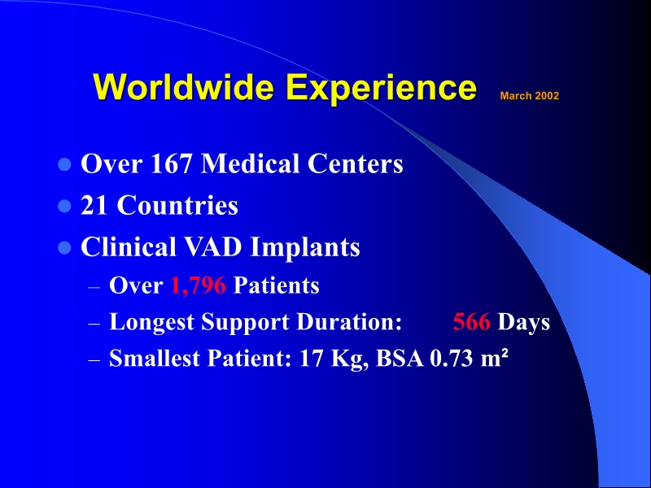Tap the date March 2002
(529, 96)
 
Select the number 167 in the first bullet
(173, 164)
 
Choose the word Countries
(177, 206)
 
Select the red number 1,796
(198, 286)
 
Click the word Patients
(276, 286)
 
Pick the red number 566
(471, 322)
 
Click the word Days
(524, 322)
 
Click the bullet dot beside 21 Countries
(65, 207)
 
